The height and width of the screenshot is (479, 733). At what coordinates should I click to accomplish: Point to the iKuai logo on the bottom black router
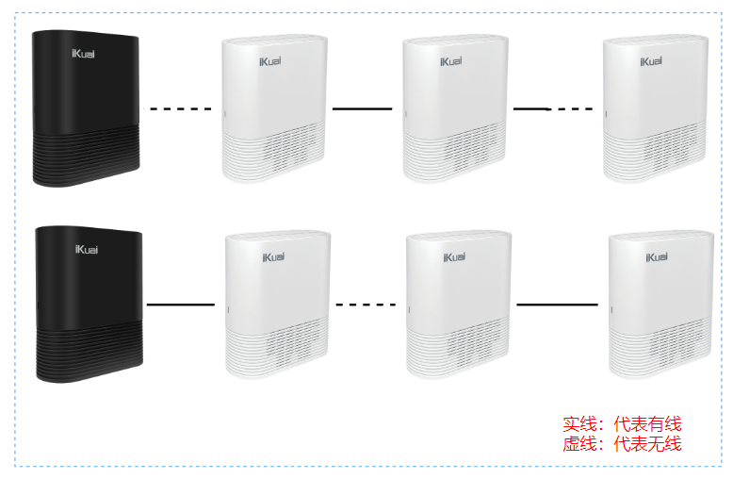pyautogui.click(x=87, y=249)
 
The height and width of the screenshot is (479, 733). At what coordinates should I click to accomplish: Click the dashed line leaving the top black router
pyautogui.click(x=181, y=109)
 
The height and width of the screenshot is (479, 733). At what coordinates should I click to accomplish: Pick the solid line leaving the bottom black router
pyautogui.click(x=181, y=305)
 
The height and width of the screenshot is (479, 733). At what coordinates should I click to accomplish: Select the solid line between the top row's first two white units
pyautogui.click(x=362, y=109)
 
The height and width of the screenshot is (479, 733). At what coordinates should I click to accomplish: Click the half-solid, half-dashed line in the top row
pyautogui.click(x=553, y=109)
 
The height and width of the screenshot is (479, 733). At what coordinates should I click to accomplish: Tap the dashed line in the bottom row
pyautogui.click(x=366, y=305)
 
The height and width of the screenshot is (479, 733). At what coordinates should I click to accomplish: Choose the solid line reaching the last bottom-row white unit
pyautogui.click(x=557, y=305)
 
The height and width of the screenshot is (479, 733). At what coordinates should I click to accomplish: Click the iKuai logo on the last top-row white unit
pyautogui.click(x=652, y=62)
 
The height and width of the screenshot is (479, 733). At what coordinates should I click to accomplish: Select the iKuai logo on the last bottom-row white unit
pyautogui.click(x=658, y=256)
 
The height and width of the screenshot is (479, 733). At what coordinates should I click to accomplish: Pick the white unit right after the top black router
pyautogui.click(x=275, y=108)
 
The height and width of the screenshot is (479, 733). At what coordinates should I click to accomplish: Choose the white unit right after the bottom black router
pyautogui.click(x=280, y=304)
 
